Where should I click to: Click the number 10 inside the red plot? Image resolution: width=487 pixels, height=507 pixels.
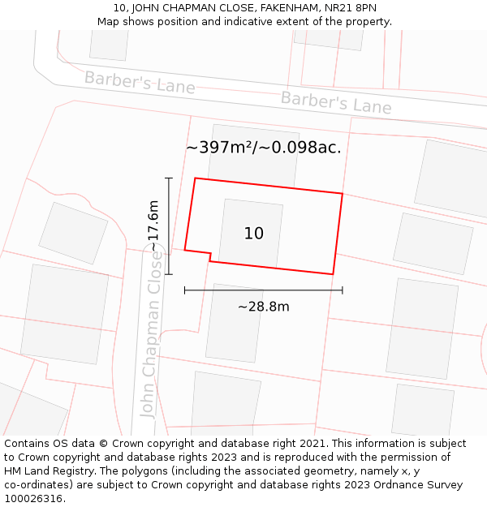tap(253, 234)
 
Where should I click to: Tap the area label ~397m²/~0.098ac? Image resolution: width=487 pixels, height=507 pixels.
tap(263, 148)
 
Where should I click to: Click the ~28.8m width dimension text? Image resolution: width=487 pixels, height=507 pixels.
tap(263, 307)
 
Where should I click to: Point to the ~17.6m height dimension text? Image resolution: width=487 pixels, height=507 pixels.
tap(153, 226)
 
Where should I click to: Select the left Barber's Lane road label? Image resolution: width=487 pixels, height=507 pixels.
tap(140, 82)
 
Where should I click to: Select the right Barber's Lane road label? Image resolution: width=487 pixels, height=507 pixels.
tap(336, 103)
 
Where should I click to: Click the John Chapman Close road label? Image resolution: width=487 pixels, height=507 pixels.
tap(152, 333)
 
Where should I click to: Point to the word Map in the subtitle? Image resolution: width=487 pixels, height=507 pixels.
tap(109, 21)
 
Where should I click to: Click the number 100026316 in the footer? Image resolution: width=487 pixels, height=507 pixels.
tap(35, 498)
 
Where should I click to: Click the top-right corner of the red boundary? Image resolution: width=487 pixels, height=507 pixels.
tap(343, 194)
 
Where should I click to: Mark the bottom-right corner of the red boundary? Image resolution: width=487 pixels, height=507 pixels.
tap(334, 274)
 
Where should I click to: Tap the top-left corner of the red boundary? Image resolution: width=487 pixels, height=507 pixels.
tap(195, 178)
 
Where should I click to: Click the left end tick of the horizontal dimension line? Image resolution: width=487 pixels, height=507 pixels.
tap(185, 290)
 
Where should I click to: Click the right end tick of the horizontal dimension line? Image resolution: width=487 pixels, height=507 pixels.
tap(343, 290)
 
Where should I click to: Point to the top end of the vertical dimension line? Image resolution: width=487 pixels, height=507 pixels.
tap(169, 178)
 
